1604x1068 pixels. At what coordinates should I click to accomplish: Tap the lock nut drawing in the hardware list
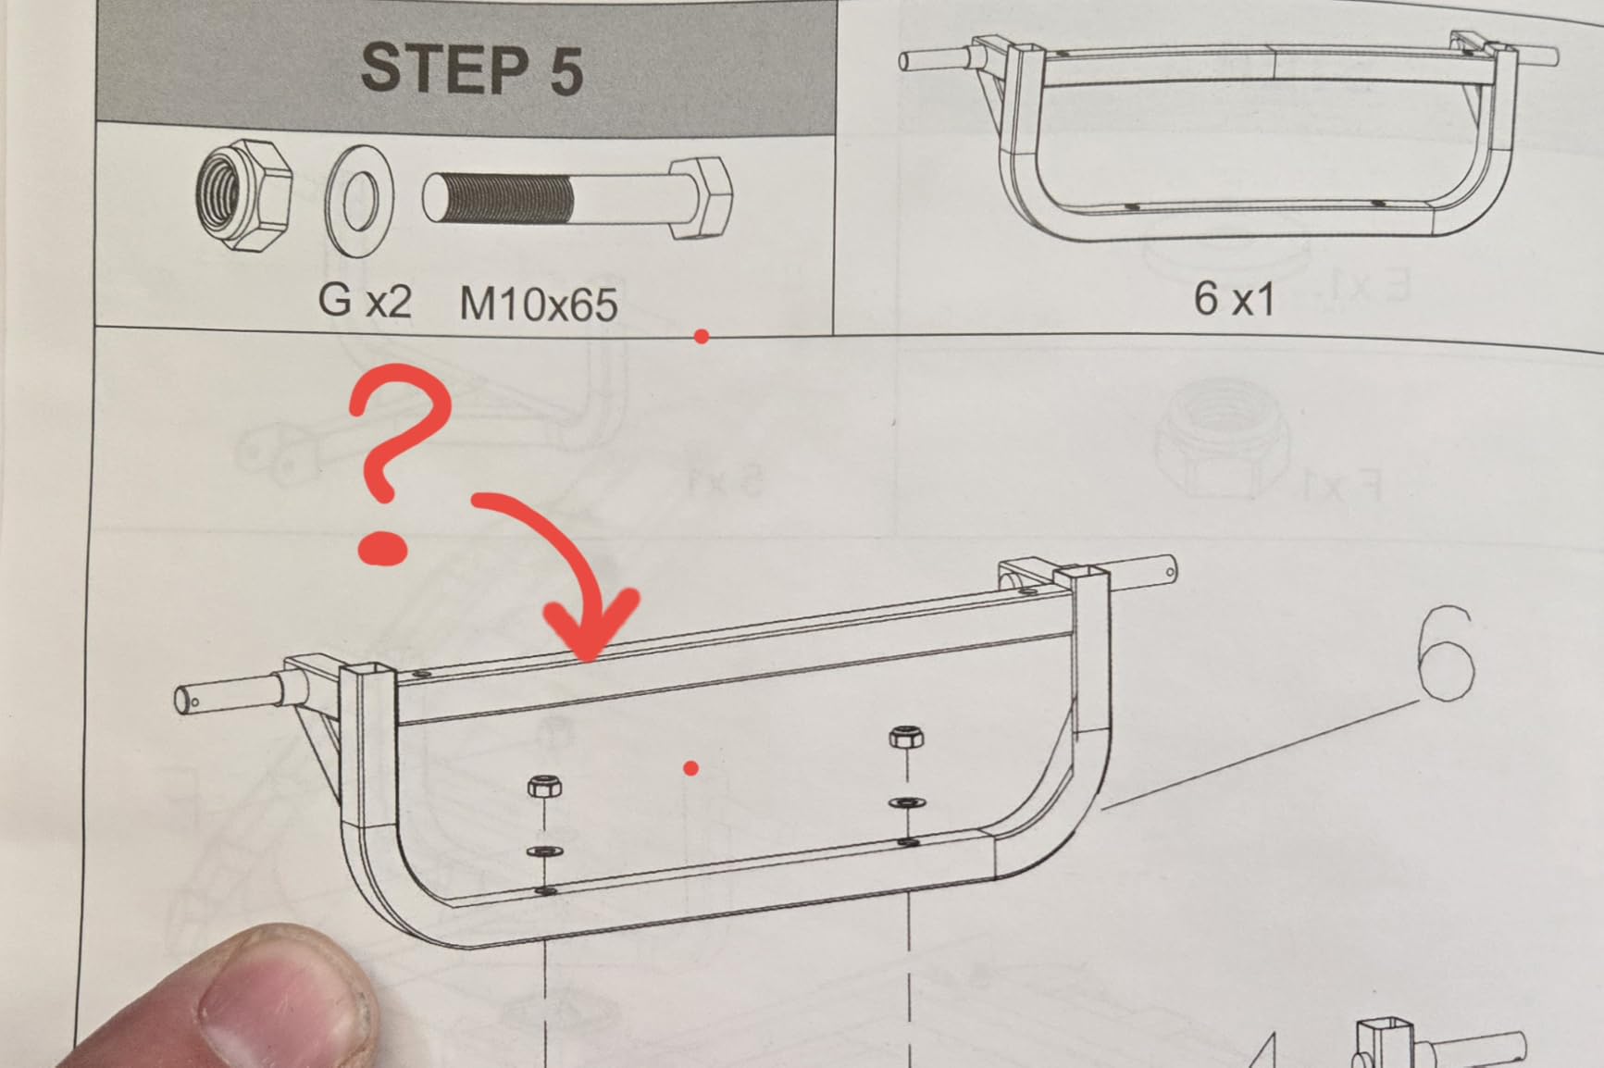(x=244, y=195)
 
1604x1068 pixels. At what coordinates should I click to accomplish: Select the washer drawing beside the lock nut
(x=359, y=200)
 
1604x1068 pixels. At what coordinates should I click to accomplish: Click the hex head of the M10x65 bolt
(x=701, y=197)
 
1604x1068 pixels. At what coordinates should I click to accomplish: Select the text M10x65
(x=538, y=304)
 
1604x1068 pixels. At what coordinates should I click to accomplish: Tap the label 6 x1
(x=1234, y=298)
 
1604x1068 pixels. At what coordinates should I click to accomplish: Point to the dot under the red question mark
(x=383, y=547)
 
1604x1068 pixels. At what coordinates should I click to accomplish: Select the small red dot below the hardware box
(x=702, y=337)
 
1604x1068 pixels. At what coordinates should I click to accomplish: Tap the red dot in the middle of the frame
(x=690, y=767)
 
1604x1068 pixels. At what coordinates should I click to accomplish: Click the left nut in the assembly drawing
(x=544, y=787)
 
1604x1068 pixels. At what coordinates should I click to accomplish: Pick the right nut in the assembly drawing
(x=905, y=737)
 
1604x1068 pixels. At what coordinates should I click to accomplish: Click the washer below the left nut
(x=544, y=851)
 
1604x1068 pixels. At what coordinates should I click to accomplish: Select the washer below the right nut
(x=908, y=802)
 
